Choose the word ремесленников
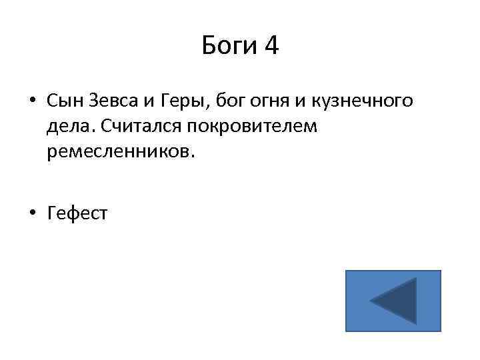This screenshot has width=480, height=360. pyautogui.click(x=117, y=152)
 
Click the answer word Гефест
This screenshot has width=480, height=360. pyautogui.click(x=77, y=213)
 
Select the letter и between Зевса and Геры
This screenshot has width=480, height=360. pyautogui.click(x=151, y=102)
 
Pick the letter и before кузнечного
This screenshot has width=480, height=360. pyautogui.click(x=307, y=102)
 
